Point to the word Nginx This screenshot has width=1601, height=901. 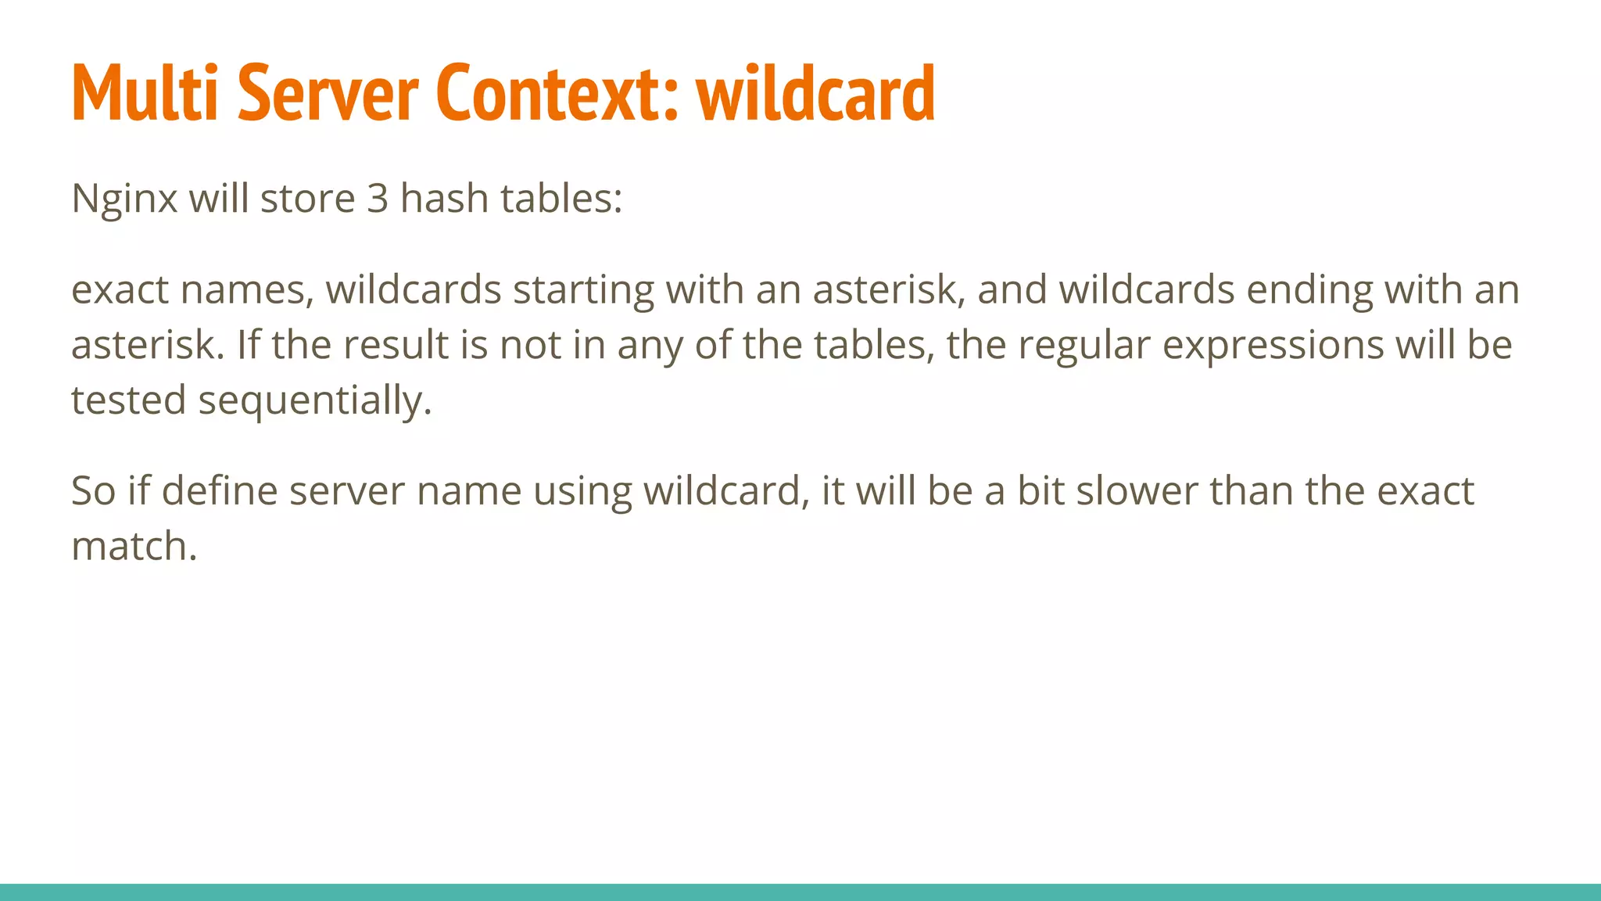[x=124, y=199]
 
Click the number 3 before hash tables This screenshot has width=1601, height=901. [x=378, y=199]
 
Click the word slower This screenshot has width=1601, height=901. [x=1137, y=491]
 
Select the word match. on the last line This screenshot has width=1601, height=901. [x=134, y=546]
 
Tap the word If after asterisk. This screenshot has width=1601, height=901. [x=248, y=345]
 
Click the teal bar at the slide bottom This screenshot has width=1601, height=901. [x=800, y=892]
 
